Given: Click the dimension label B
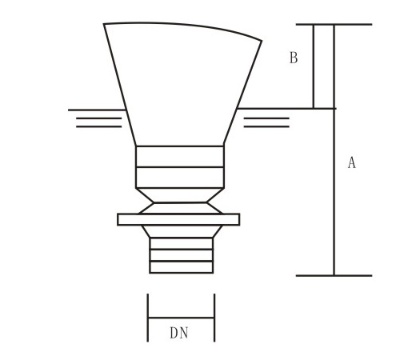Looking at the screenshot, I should [294, 58].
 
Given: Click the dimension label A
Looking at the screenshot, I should [351, 163].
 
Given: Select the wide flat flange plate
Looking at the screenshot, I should [178, 219].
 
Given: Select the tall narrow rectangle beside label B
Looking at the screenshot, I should [323, 66].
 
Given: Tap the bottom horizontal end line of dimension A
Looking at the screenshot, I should [334, 275].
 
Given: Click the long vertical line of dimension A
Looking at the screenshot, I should [334, 192].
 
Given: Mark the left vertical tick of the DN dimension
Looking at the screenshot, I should [148, 318].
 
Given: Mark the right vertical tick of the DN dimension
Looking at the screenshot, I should [214, 318].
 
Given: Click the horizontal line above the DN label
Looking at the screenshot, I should [181, 318].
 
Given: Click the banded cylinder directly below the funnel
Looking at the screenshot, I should [179, 166].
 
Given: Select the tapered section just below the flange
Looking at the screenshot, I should [180, 232].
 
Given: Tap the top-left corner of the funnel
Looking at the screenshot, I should [104, 25].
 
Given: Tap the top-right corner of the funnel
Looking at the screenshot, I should [261, 40].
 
